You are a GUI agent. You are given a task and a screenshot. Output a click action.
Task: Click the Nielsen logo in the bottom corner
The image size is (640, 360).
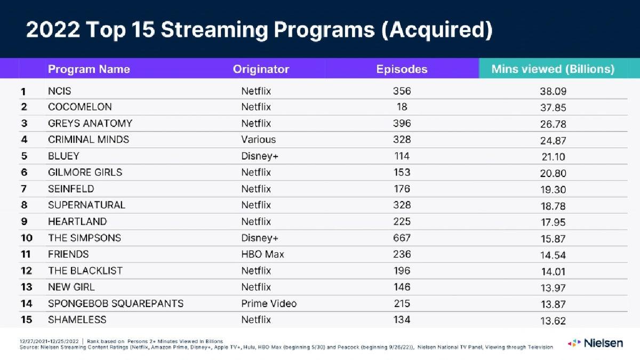pyautogui.click(x=595, y=342)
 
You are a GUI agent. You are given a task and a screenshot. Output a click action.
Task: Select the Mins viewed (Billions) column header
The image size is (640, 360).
pyautogui.click(x=553, y=69)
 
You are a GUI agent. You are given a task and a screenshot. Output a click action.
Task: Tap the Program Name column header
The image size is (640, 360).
pyautogui.click(x=89, y=69)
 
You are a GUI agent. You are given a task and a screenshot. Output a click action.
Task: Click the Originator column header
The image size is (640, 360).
pyautogui.click(x=261, y=69)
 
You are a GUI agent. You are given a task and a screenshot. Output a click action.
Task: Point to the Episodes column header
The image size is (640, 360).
pyautogui.click(x=402, y=69)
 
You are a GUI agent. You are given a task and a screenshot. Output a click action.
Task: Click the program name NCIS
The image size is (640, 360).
pyautogui.click(x=60, y=91)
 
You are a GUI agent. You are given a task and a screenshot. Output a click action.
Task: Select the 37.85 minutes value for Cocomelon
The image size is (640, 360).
pyautogui.click(x=553, y=108)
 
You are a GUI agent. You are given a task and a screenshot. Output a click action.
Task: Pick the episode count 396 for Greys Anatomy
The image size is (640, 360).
pyautogui.click(x=402, y=124)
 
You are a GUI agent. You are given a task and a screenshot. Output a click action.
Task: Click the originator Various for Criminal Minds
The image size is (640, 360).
pyautogui.click(x=258, y=140)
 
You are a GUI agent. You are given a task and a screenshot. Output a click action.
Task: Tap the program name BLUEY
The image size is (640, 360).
pyautogui.click(x=63, y=156)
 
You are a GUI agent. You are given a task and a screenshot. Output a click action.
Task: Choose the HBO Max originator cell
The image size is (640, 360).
pyautogui.click(x=262, y=254)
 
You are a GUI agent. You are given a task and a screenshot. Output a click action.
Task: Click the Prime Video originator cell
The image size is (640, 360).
pyautogui.click(x=269, y=303)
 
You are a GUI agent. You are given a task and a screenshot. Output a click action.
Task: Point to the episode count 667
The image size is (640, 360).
pyautogui.click(x=402, y=238)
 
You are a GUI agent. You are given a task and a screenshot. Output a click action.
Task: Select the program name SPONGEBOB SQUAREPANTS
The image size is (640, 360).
pyautogui.click(x=116, y=303)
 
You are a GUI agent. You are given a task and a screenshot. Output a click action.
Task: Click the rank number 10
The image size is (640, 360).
pyautogui.click(x=27, y=238)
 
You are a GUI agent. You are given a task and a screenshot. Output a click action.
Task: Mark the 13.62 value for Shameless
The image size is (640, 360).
pyautogui.click(x=553, y=321)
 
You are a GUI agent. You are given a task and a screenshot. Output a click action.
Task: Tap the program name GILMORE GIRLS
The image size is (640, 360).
pyautogui.click(x=85, y=172)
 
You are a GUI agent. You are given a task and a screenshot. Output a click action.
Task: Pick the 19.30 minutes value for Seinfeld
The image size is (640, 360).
pyautogui.click(x=553, y=189)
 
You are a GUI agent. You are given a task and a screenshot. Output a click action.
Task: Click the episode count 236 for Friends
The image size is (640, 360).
pyautogui.click(x=402, y=254)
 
